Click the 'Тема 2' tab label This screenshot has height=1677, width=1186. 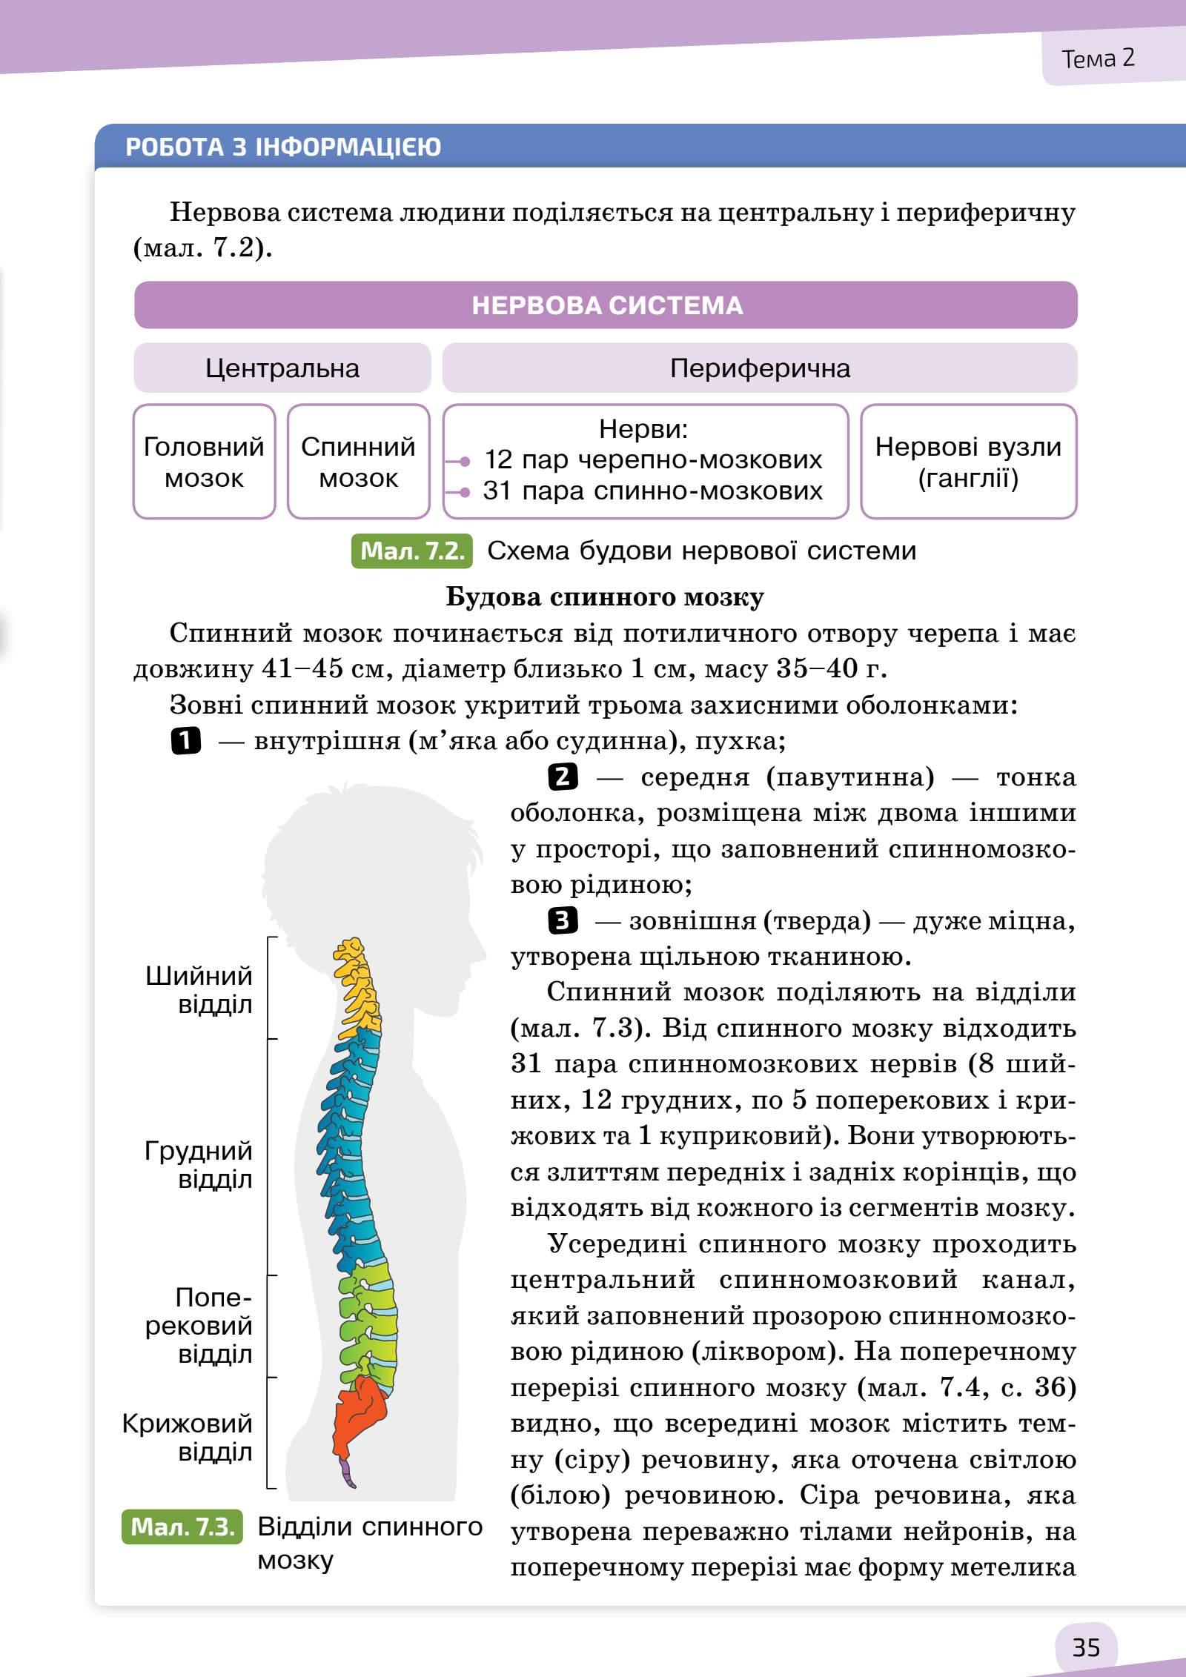1098,59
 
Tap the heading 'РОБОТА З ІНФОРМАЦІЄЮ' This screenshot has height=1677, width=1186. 283,147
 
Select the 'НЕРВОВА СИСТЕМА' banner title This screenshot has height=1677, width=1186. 606,305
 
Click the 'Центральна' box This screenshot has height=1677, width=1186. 282,368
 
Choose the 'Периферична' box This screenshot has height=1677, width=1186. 760,368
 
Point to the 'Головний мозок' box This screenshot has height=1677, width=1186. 204,462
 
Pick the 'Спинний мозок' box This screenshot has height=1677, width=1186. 358,462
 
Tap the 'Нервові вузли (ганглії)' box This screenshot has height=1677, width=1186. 968,462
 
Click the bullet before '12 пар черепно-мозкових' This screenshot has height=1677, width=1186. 465,462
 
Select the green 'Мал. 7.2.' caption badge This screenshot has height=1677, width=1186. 411,551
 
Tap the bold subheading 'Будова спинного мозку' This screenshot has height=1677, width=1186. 605,597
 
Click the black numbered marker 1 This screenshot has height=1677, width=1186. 185,741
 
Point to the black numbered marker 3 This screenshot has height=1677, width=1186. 563,921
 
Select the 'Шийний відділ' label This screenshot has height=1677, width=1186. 199,990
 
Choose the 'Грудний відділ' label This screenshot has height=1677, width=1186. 199,1165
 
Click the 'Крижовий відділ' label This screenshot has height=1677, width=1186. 188,1438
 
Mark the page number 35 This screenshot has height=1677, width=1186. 1086,1647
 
